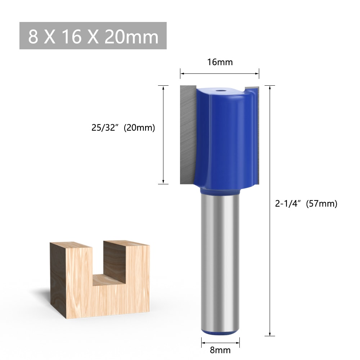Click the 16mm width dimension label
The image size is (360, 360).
[220, 62]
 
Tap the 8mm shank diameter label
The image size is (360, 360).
[220, 350]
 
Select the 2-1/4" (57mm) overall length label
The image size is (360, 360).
[306, 204]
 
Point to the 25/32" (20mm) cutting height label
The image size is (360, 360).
[123, 127]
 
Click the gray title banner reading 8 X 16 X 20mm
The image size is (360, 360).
[93, 36]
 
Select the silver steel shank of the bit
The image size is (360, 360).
[220, 259]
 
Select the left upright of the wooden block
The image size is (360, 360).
[70, 281]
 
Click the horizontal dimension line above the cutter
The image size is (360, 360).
[220, 73]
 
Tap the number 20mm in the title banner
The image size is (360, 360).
[131, 36]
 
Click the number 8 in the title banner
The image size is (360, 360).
[33, 36]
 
